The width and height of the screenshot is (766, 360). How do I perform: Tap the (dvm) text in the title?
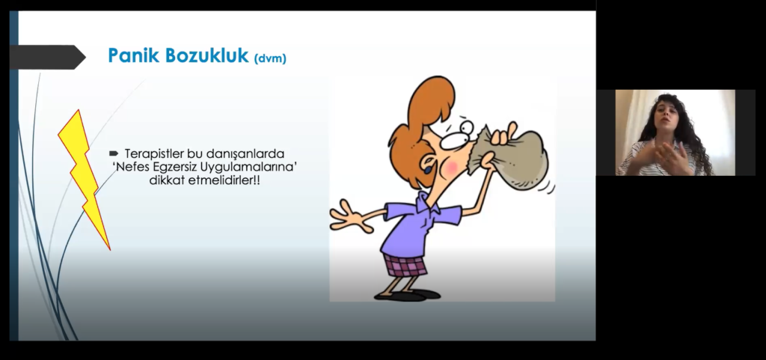(270, 58)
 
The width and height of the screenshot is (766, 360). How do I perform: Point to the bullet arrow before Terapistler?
(114, 153)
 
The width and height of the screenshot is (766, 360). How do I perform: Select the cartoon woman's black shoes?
(407, 295)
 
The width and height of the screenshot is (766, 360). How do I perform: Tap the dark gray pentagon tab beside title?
(47, 57)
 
